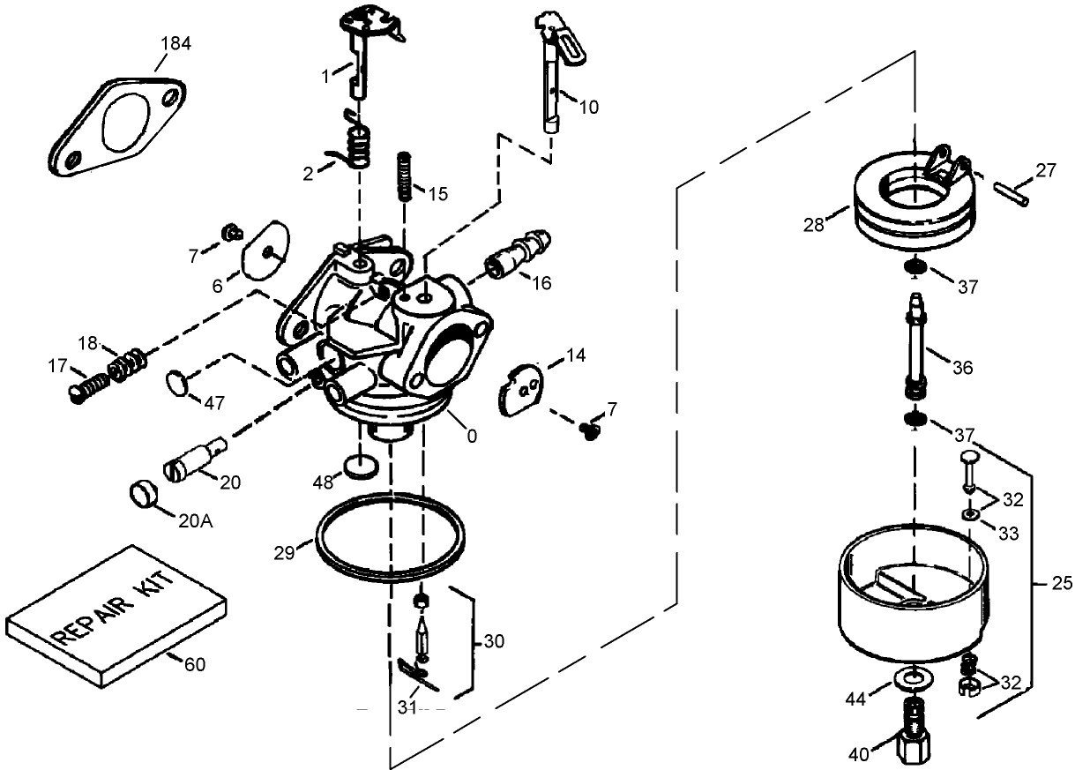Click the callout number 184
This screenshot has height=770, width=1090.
coord(175,43)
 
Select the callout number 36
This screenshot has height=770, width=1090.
coord(962,367)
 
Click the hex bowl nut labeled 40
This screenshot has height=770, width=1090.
coord(912,745)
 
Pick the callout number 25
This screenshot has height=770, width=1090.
coord(1064,583)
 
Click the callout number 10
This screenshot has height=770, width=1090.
coord(588,107)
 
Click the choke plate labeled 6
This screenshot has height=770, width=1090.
coord(265,251)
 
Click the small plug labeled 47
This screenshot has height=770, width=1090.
coord(178,384)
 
